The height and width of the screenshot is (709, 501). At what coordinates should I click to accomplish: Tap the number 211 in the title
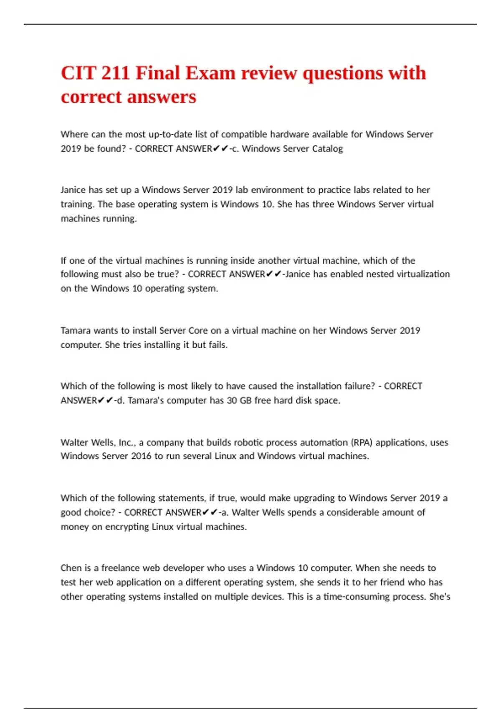point(115,73)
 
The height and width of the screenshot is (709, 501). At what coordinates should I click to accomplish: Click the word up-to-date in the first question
point(172,134)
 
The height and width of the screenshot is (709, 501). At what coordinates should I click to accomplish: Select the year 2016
point(141,456)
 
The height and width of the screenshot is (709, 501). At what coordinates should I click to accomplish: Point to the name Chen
point(71,568)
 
